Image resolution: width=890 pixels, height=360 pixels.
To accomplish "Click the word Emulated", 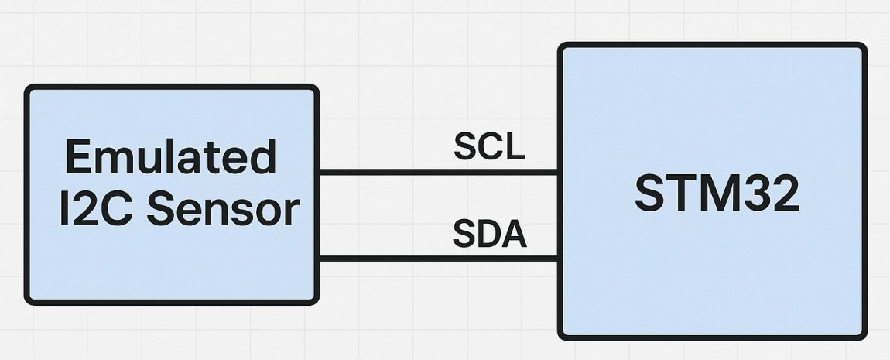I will [x=171, y=157].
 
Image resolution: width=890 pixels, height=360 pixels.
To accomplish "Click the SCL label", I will [x=489, y=147].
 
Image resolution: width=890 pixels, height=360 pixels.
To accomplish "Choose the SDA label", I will [x=489, y=234].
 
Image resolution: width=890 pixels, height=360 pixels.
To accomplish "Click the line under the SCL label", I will [x=438, y=172].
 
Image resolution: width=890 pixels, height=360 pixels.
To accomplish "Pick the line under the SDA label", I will [x=438, y=259].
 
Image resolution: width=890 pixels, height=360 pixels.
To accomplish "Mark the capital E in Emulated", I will [x=79, y=157].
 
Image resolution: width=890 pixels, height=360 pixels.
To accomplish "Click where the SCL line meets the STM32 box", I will [x=559, y=172].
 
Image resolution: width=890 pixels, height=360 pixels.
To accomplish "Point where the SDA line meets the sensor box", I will [x=318, y=259].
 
